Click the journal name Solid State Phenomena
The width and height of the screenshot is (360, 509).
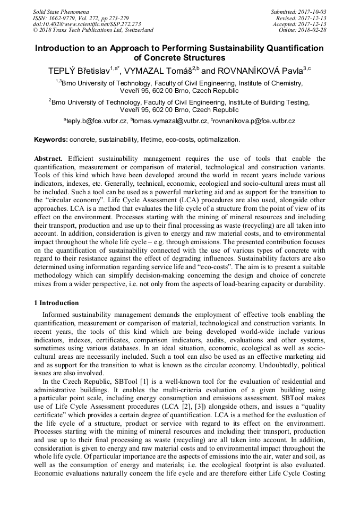tap(61, 11)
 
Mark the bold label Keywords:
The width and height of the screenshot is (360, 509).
tap(51, 140)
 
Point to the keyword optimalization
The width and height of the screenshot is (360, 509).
tap(219, 140)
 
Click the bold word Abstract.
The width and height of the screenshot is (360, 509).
tap(49, 159)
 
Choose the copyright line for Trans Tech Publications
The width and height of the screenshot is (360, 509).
tap(93, 30)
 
